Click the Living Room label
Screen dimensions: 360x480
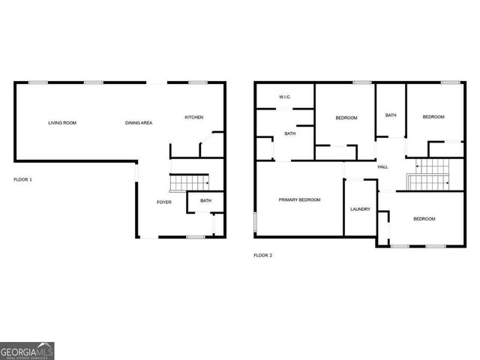(62, 123)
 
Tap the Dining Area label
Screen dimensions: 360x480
(139, 123)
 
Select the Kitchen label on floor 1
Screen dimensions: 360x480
(194, 117)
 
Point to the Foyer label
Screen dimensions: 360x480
(163, 202)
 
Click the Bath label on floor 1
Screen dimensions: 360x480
(205, 200)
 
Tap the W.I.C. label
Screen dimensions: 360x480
(285, 97)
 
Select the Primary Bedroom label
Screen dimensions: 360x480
(299, 199)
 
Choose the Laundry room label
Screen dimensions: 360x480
(360, 209)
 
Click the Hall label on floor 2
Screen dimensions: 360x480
(382, 166)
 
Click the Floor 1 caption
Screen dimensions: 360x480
(23, 180)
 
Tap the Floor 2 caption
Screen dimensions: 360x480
(262, 256)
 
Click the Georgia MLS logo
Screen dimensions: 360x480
(27, 351)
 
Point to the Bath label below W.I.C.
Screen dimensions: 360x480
(289, 134)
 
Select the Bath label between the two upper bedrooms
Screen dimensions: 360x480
(391, 115)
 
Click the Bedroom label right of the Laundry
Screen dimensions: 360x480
(424, 219)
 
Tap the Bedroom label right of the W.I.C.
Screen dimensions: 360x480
(346, 118)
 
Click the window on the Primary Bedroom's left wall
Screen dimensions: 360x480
(255, 223)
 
